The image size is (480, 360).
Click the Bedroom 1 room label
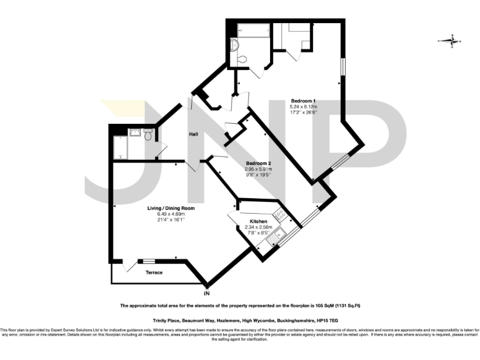[303, 101]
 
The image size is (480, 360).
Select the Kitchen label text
[259, 222]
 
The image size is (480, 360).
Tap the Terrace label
[154, 272]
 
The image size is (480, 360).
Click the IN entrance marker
[207, 292]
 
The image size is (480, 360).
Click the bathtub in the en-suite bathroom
[252, 30]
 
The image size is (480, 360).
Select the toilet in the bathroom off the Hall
[147, 135]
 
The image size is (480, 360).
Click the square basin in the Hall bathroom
[134, 132]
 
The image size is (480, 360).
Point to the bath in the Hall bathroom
[119, 147]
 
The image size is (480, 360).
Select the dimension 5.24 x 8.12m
[304, 107]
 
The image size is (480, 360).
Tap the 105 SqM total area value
[316, 306]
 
